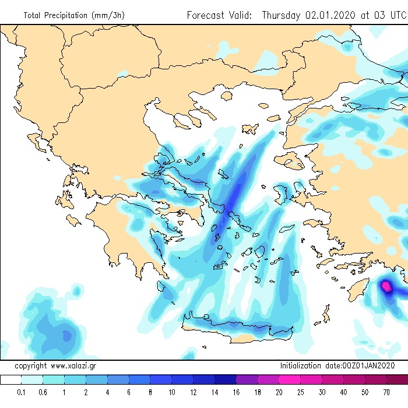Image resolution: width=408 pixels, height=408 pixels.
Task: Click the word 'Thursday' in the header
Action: (x=282, y=15)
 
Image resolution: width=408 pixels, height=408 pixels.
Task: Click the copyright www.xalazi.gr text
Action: (x=55, y=366)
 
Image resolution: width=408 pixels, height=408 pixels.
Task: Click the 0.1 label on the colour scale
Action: (x=22, y=392)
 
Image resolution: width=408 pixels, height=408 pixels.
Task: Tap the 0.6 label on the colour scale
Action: (x=43, y=392)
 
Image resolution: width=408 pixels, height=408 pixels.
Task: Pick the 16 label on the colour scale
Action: (x=236, y=392)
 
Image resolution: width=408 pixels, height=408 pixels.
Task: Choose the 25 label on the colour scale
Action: (x=300, y=392)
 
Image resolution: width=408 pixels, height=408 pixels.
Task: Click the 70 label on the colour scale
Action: (x=386, y=392)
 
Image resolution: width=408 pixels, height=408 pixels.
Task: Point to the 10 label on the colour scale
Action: (x=171, y=392)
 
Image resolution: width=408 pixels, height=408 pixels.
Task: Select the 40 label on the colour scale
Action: (x=343, y=392)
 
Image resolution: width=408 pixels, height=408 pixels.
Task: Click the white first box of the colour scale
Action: (x=10, y=380)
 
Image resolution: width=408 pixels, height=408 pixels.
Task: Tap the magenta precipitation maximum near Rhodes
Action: (x=386, y=286)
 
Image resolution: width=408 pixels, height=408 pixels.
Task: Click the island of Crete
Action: (x=233, y=330)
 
